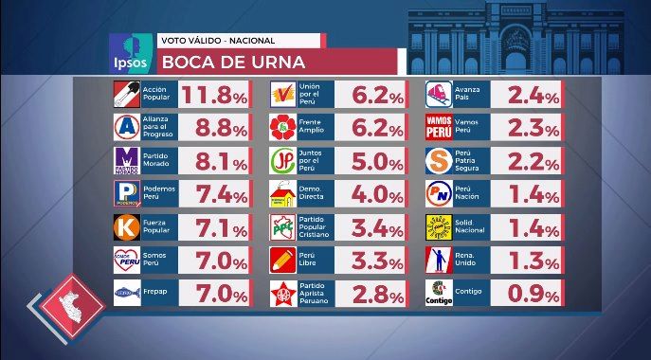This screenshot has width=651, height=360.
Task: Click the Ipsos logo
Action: (x=131, y=54)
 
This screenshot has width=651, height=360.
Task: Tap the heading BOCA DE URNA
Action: (x=233, y=63)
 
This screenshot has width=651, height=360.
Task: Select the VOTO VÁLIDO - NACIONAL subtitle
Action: (x=218, y=41)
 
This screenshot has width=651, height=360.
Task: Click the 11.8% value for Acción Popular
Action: (x=214, y=95)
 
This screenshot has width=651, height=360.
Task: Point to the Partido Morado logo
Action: (x=127, y=161)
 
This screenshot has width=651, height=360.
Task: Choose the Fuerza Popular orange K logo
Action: (x=127, y=227)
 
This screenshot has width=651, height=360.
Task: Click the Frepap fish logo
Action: (x=127, y=293)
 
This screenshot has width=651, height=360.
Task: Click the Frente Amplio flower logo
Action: (x=283, y=127)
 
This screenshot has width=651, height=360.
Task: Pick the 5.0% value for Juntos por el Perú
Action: (x=377, y=161)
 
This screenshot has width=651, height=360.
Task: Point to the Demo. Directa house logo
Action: (x=283, y=194)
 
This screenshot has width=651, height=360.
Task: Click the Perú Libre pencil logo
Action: (x=283, y=260)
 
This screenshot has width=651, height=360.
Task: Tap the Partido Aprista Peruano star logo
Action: (x=283, y=293)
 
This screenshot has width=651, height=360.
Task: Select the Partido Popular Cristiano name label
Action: (x=314, y=227)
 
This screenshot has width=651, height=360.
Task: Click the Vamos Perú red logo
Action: (x=439, y=127)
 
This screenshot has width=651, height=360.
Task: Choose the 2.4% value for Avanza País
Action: (x=533, y=95)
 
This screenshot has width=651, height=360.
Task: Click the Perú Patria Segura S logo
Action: (x=439, y=161)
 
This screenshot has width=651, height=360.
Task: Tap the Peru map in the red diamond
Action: (x=71, y=306)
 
